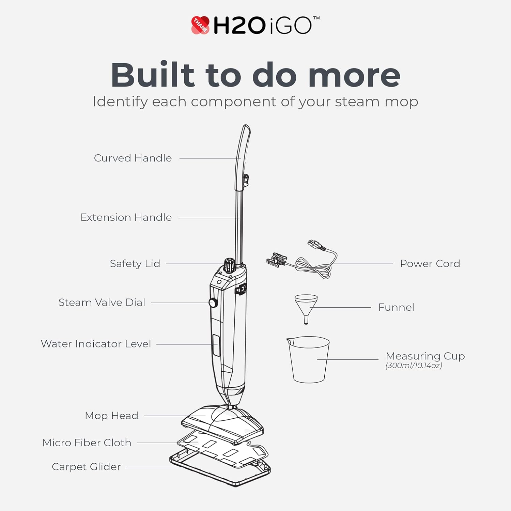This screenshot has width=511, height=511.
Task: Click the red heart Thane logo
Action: (x=200, y=25)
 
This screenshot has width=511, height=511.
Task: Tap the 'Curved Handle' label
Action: (x=133, y=158)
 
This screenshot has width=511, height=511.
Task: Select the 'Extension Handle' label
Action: (x=126, y=217)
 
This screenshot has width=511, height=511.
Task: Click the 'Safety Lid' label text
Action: (x=135, y=264)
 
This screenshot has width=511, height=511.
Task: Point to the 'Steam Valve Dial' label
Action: (x=102, y=303)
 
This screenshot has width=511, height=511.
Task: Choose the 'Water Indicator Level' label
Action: (x=96, y=344)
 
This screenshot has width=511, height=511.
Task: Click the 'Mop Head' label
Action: (x=111, y=416)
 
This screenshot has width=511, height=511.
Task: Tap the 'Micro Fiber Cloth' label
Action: (x=87, y=443)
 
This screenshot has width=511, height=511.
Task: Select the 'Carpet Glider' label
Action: (x=86, y=467)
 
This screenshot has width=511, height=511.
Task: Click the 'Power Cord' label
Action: (x=430, y=264)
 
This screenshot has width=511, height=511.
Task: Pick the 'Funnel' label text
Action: (x=396, y=307)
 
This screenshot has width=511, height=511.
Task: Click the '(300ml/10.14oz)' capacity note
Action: (x=414, y=366)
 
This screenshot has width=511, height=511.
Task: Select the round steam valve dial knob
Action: (x=213, y=303)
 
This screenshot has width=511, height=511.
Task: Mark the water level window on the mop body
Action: (x=216, y=345)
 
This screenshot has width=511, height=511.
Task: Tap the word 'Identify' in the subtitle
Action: (x=120, y=102)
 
